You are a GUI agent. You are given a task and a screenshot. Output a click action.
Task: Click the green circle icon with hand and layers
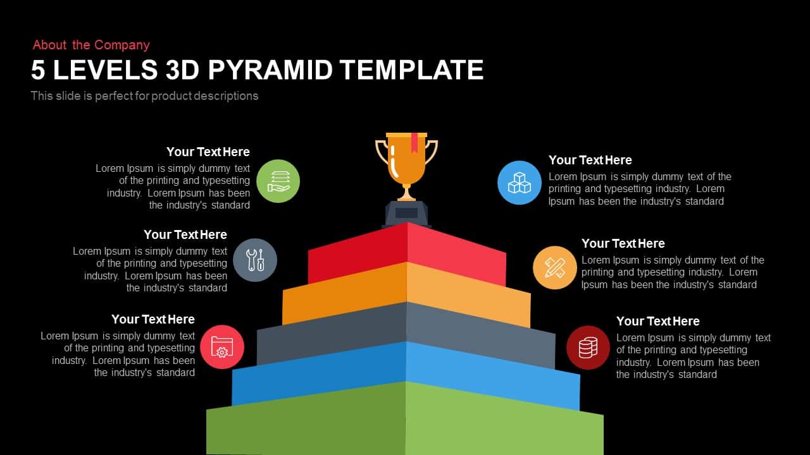click(x=278, y=181)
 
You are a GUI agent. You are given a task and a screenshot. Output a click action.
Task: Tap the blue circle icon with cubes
click(x=520, y=183)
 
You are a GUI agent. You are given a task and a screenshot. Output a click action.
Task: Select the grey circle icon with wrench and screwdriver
click(x=255, y=260)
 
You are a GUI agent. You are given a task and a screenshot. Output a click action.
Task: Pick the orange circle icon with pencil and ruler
click(x=555, y=267)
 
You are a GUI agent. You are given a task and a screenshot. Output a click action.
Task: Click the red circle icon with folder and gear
click(x=222, y=347)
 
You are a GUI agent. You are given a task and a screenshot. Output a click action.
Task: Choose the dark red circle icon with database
click(x=588, y=348)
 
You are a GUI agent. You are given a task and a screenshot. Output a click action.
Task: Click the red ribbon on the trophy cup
click(x=414, y=142)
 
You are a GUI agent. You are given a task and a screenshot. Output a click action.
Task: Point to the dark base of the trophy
click(x=406, y=214)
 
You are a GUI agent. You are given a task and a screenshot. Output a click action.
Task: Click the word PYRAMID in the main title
click(x=270, y=70)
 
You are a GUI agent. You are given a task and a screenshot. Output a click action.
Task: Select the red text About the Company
click(x=91, y=45)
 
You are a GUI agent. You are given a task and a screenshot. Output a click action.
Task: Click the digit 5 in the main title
click(x=38, y=70)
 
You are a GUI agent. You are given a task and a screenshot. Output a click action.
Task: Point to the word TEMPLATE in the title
click(x=412, y=70)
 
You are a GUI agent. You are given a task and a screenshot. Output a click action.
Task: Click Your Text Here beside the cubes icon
click(x=590, y=160)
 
